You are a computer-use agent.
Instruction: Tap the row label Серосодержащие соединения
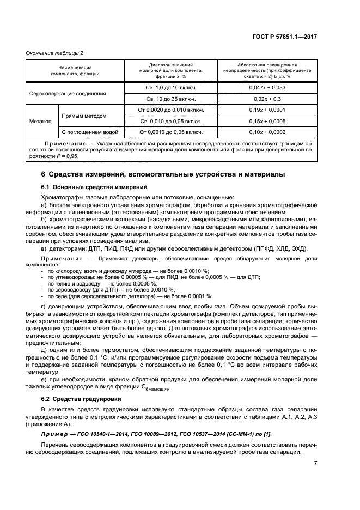[67, 93]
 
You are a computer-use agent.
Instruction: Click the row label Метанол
[41, 121]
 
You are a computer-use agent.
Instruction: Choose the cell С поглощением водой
[90, 132]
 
